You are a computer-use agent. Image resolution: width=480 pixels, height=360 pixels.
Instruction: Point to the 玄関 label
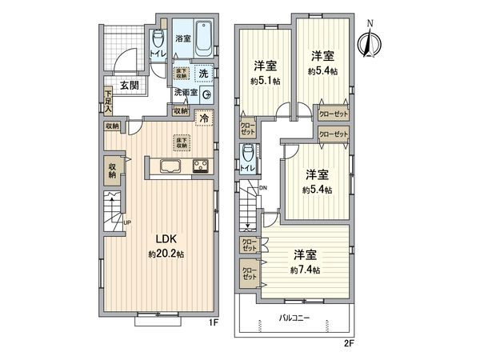pyautogui.click(x=130, y=85)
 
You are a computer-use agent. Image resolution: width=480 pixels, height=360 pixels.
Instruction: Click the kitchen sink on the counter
pyautogui.click(x=173, y=166)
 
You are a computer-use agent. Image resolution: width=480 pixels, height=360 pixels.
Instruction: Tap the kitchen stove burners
pyautogui.click(x=199, y=166)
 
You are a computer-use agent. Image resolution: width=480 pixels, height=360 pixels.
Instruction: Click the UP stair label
pyautogui.click(x=126, y=222)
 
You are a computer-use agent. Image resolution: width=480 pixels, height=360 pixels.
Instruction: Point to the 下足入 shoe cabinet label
pyautogui.click(x=107, y=102)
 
